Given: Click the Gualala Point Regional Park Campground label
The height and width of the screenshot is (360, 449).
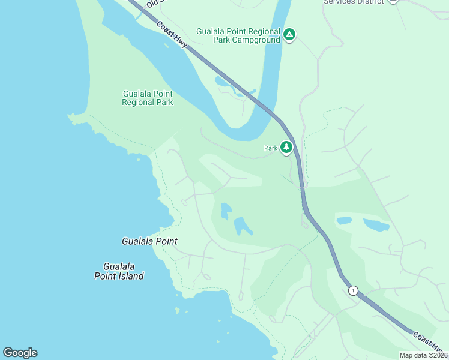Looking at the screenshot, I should [238, 35].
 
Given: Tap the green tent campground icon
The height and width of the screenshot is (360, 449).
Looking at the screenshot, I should [289, 35].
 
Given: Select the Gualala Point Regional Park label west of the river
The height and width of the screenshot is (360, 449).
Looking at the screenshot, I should [147, 98].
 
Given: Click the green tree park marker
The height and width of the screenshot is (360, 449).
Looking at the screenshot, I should [286, 147].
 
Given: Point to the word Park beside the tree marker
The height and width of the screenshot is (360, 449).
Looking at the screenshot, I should [270, 148].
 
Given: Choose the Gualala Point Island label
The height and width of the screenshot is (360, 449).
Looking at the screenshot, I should [119, 271].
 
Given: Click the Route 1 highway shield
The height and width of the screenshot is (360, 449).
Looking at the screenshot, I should [353, 290].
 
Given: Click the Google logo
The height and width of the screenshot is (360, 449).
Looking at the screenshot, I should [20, 353].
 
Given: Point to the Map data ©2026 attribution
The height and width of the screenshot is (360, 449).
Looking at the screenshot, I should [423, 355].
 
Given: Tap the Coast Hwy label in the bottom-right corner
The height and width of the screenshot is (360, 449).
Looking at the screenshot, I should [430, 343].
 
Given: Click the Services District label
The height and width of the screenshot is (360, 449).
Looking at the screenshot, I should [354, 2].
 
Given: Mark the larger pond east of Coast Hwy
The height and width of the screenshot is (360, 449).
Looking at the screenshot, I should [376, 226].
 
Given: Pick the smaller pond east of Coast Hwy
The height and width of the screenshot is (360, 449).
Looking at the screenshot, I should [344, 221].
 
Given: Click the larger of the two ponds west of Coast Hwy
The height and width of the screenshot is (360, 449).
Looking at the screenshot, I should [243, 226].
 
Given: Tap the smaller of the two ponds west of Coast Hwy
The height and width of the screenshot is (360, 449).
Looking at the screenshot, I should [226, 211].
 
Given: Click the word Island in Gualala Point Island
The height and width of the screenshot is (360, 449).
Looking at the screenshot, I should [131, 276].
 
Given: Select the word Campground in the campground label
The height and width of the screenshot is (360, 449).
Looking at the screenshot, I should [256, 40].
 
